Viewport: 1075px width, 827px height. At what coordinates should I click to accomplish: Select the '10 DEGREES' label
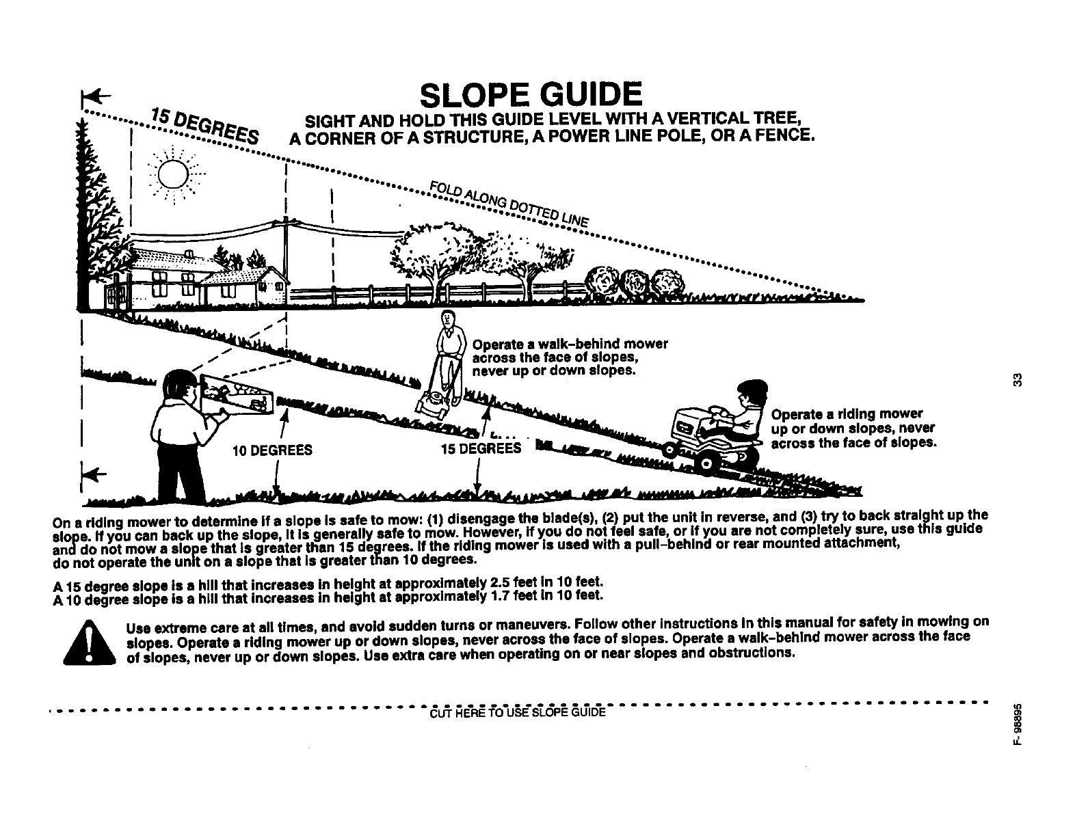pos(271,450)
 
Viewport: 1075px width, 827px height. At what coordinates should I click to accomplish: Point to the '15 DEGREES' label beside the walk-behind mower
pos(481,449)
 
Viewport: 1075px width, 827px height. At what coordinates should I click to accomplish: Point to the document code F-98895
pos(1019,727)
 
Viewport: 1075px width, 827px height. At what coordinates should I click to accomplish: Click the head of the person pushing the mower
pos(447,319)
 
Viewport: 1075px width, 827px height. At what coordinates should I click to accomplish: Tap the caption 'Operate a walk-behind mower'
pos(570,344)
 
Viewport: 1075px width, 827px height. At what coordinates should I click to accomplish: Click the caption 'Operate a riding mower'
pos(847,414)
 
